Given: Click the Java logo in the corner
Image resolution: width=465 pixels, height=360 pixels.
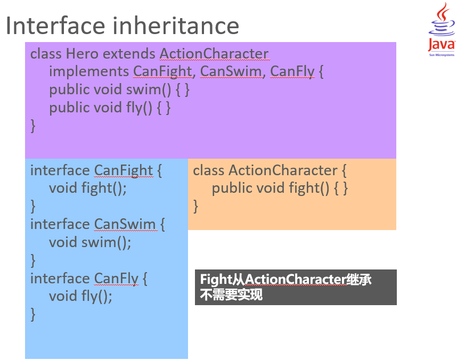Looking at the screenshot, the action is coord(442,29).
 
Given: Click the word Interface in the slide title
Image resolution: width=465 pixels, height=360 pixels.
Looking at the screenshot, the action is coord(55,26).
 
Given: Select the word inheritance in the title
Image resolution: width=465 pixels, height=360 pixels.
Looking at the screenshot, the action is coord(176,26).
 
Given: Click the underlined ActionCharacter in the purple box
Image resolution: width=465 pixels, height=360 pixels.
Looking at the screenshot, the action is coord(214,54).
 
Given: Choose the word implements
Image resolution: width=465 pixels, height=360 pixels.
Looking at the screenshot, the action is coord(89,72).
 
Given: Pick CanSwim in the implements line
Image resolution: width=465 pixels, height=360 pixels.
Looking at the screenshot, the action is coord(231,72).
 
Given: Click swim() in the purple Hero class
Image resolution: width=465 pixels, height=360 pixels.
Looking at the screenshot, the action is coord(149,90).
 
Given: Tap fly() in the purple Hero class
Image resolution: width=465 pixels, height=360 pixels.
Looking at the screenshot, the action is coord(139,108).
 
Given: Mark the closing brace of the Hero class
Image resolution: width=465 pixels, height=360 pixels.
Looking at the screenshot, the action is coord(33,126).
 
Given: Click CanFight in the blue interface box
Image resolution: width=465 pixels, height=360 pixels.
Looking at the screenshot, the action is coord(124,171).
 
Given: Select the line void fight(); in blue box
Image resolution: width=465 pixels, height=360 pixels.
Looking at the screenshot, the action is coord(88,189).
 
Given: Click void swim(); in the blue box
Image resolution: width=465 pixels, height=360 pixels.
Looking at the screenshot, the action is coord(90,242).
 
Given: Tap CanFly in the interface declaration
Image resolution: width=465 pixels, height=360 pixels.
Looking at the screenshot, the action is coord(116,279).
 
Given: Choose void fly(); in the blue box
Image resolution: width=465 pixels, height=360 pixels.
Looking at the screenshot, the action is coord(80,297).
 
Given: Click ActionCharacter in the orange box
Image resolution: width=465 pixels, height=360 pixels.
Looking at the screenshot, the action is coord(283,171).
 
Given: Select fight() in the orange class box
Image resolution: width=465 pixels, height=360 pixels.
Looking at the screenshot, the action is coord(309,189).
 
